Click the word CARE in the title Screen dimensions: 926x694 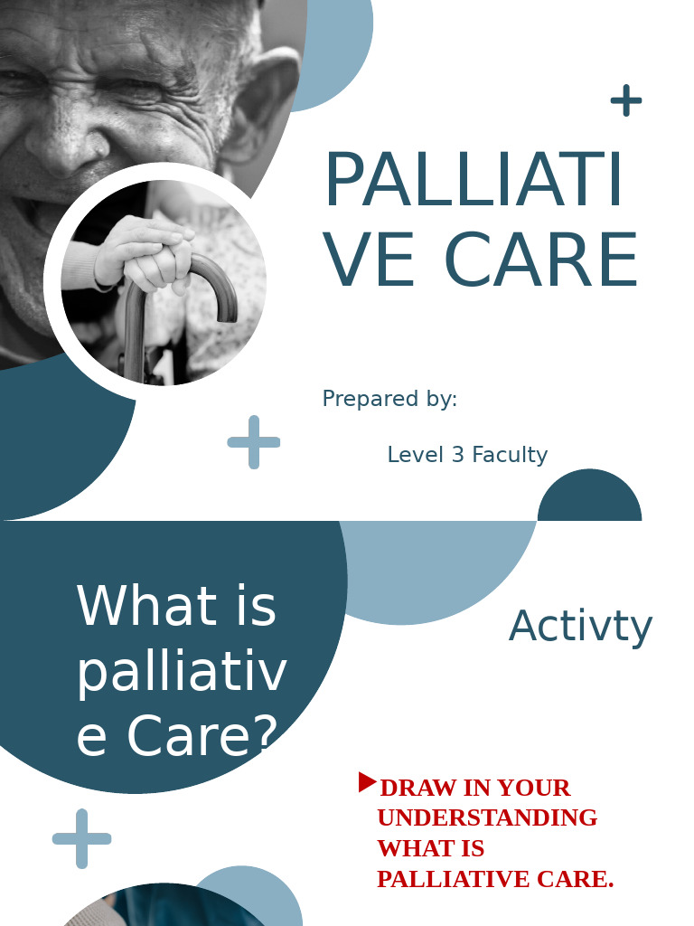pyautogui.click(x=541, y=260)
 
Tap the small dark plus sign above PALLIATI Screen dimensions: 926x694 pyautogui.click(x=626, y=100)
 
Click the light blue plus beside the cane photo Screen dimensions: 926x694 pyautogui.click(x=254, y=442)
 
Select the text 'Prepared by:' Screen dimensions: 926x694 pyautogui.click(x=389, y=399)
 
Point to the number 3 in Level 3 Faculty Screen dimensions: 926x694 pyautogui.click(x=451, y=455)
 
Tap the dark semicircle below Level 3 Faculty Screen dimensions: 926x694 pyautogui.click(x=589, y=500)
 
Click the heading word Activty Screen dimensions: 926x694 pyautogui.click(x=580, y=626)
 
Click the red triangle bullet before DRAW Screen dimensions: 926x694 pyautogui.click(x=367, y=782)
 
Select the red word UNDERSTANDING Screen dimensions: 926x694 pyautogui.click(x=487, y=818)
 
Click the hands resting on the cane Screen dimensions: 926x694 pyautogui.click(x=149, y=253)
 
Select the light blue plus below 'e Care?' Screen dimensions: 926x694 pyautogui.click(x=82, y=838)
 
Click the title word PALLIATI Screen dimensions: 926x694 pyautogui.click(x=474, y=181)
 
